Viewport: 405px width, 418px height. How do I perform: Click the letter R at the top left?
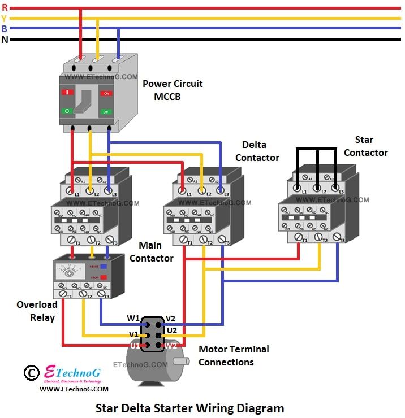[5, 8]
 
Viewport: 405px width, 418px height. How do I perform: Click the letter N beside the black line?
[5, 39]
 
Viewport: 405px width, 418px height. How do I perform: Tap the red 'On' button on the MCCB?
[106, 93]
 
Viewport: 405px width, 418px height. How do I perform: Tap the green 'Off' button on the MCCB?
[106, 112]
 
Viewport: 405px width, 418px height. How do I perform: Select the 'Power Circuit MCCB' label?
[173, 90]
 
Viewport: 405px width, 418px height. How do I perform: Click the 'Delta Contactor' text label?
[257, 151]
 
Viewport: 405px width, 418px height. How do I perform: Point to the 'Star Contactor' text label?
[365, 146]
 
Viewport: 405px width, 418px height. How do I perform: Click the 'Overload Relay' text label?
[37, 311]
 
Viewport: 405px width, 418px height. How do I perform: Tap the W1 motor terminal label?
[133, 319]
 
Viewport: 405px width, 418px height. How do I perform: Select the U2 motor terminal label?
[172, 329]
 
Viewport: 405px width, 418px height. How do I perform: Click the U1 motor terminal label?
[135, 345]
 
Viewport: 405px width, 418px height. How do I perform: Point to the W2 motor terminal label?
[170, 345]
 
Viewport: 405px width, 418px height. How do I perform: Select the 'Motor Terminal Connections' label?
[234, 355]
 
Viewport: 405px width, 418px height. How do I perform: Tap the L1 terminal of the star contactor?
[297, 188]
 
